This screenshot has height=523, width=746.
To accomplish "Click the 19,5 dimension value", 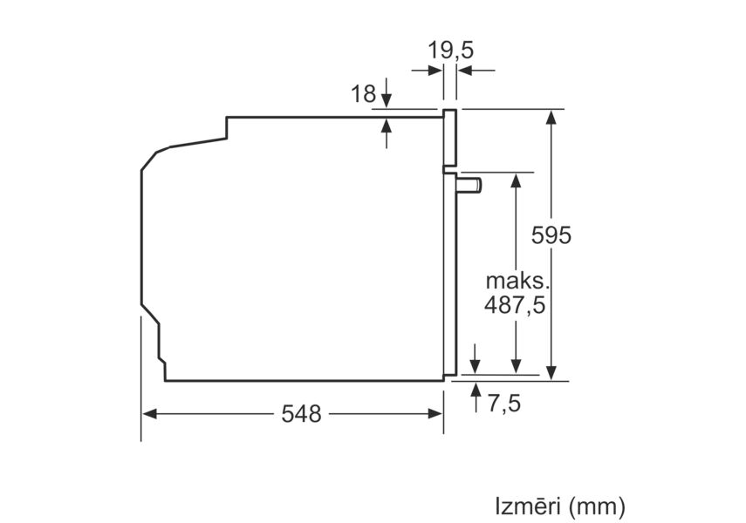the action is coord(450,50).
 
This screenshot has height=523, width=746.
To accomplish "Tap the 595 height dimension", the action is coord(551,234).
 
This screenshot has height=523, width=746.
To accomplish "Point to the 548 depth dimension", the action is coord(301,414).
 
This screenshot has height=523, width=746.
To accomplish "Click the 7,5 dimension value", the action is coord(504,404).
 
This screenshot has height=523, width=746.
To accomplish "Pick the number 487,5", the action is coord(515,305).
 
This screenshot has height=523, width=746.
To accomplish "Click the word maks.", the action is coord(517,281).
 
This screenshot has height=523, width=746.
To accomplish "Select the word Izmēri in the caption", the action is coord(527,506).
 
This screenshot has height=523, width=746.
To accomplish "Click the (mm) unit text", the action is coord(596,506).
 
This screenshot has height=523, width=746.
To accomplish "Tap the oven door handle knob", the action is coord(469,185).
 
